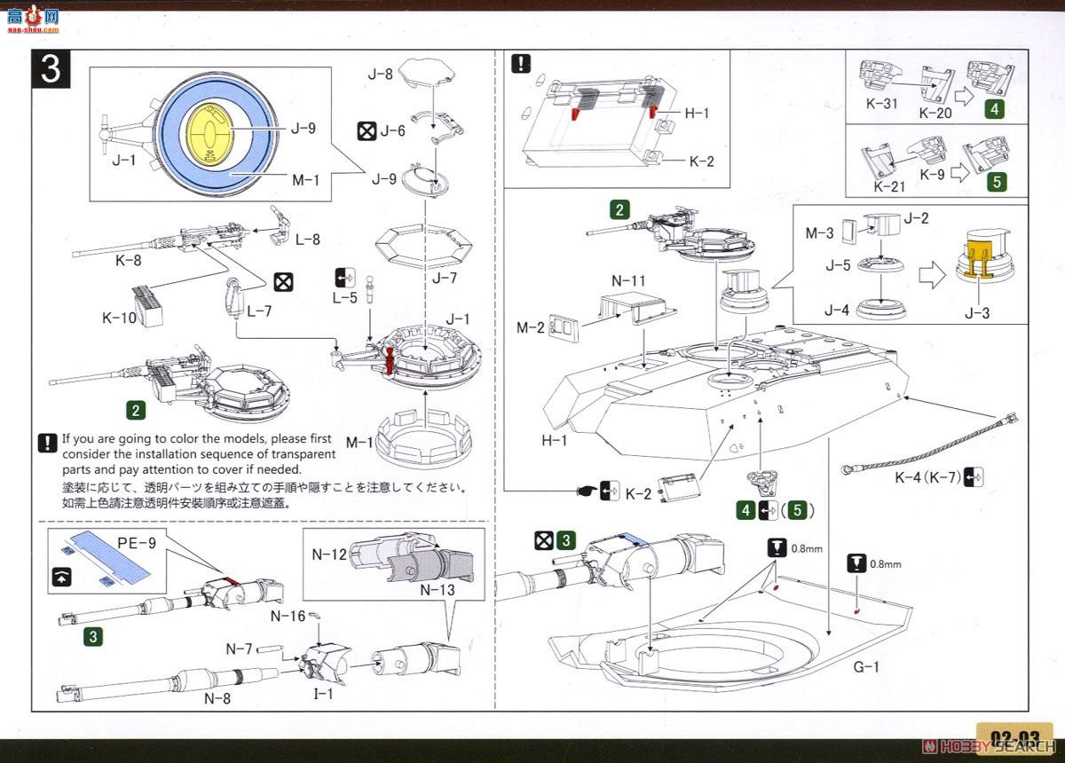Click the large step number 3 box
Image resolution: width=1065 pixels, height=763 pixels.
pyautogui.click(x=51, y=68)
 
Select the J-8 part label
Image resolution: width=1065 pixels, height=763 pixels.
pyautogui.click(x=380, y=75)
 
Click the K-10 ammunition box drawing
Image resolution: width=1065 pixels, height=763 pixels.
pyautogui.click(x=148, y=304)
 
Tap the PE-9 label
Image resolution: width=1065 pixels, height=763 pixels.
pyautogui.click(x=136, y=542)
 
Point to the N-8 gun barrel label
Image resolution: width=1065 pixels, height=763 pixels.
pyautogui.click(x=217, y=697)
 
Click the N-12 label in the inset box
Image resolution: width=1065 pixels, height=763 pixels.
pyautogui.click(x=328, y=555)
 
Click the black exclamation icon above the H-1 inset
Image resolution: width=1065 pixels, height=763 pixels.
pyautogui.click(x=521, y=64)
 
